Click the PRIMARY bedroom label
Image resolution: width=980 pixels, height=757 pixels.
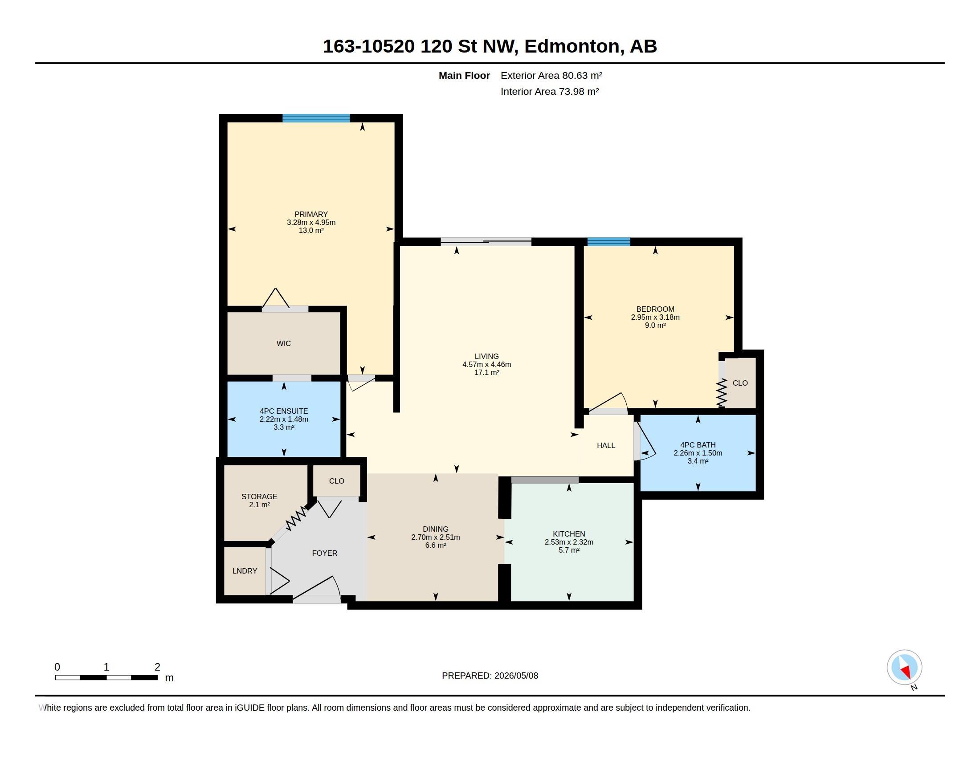311,214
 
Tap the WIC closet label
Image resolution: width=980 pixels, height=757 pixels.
284,343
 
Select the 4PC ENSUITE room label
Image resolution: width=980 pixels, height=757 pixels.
284,411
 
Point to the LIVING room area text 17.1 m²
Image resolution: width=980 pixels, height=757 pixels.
487,373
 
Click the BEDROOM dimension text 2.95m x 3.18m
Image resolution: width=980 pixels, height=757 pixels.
655,317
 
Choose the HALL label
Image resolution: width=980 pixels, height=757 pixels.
606,445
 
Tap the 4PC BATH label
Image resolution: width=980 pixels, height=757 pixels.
698,445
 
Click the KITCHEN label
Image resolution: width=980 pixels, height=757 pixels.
569,534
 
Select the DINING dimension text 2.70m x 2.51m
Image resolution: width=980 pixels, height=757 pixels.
435,537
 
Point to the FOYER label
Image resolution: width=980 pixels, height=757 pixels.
324,554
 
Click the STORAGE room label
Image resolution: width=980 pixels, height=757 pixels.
259,497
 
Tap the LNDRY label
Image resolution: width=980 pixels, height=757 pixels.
245,571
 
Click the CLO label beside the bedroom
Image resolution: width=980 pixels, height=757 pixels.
740,383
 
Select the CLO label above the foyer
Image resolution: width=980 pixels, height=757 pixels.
336,481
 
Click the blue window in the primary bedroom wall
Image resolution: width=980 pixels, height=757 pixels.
316,118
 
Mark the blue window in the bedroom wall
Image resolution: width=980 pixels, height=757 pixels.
608,242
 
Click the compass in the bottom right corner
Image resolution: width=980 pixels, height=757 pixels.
904,667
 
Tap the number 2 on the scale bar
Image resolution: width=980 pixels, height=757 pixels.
157,667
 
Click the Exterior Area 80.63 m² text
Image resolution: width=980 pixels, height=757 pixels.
551,75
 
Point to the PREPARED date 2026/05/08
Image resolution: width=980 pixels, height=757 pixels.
516,676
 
